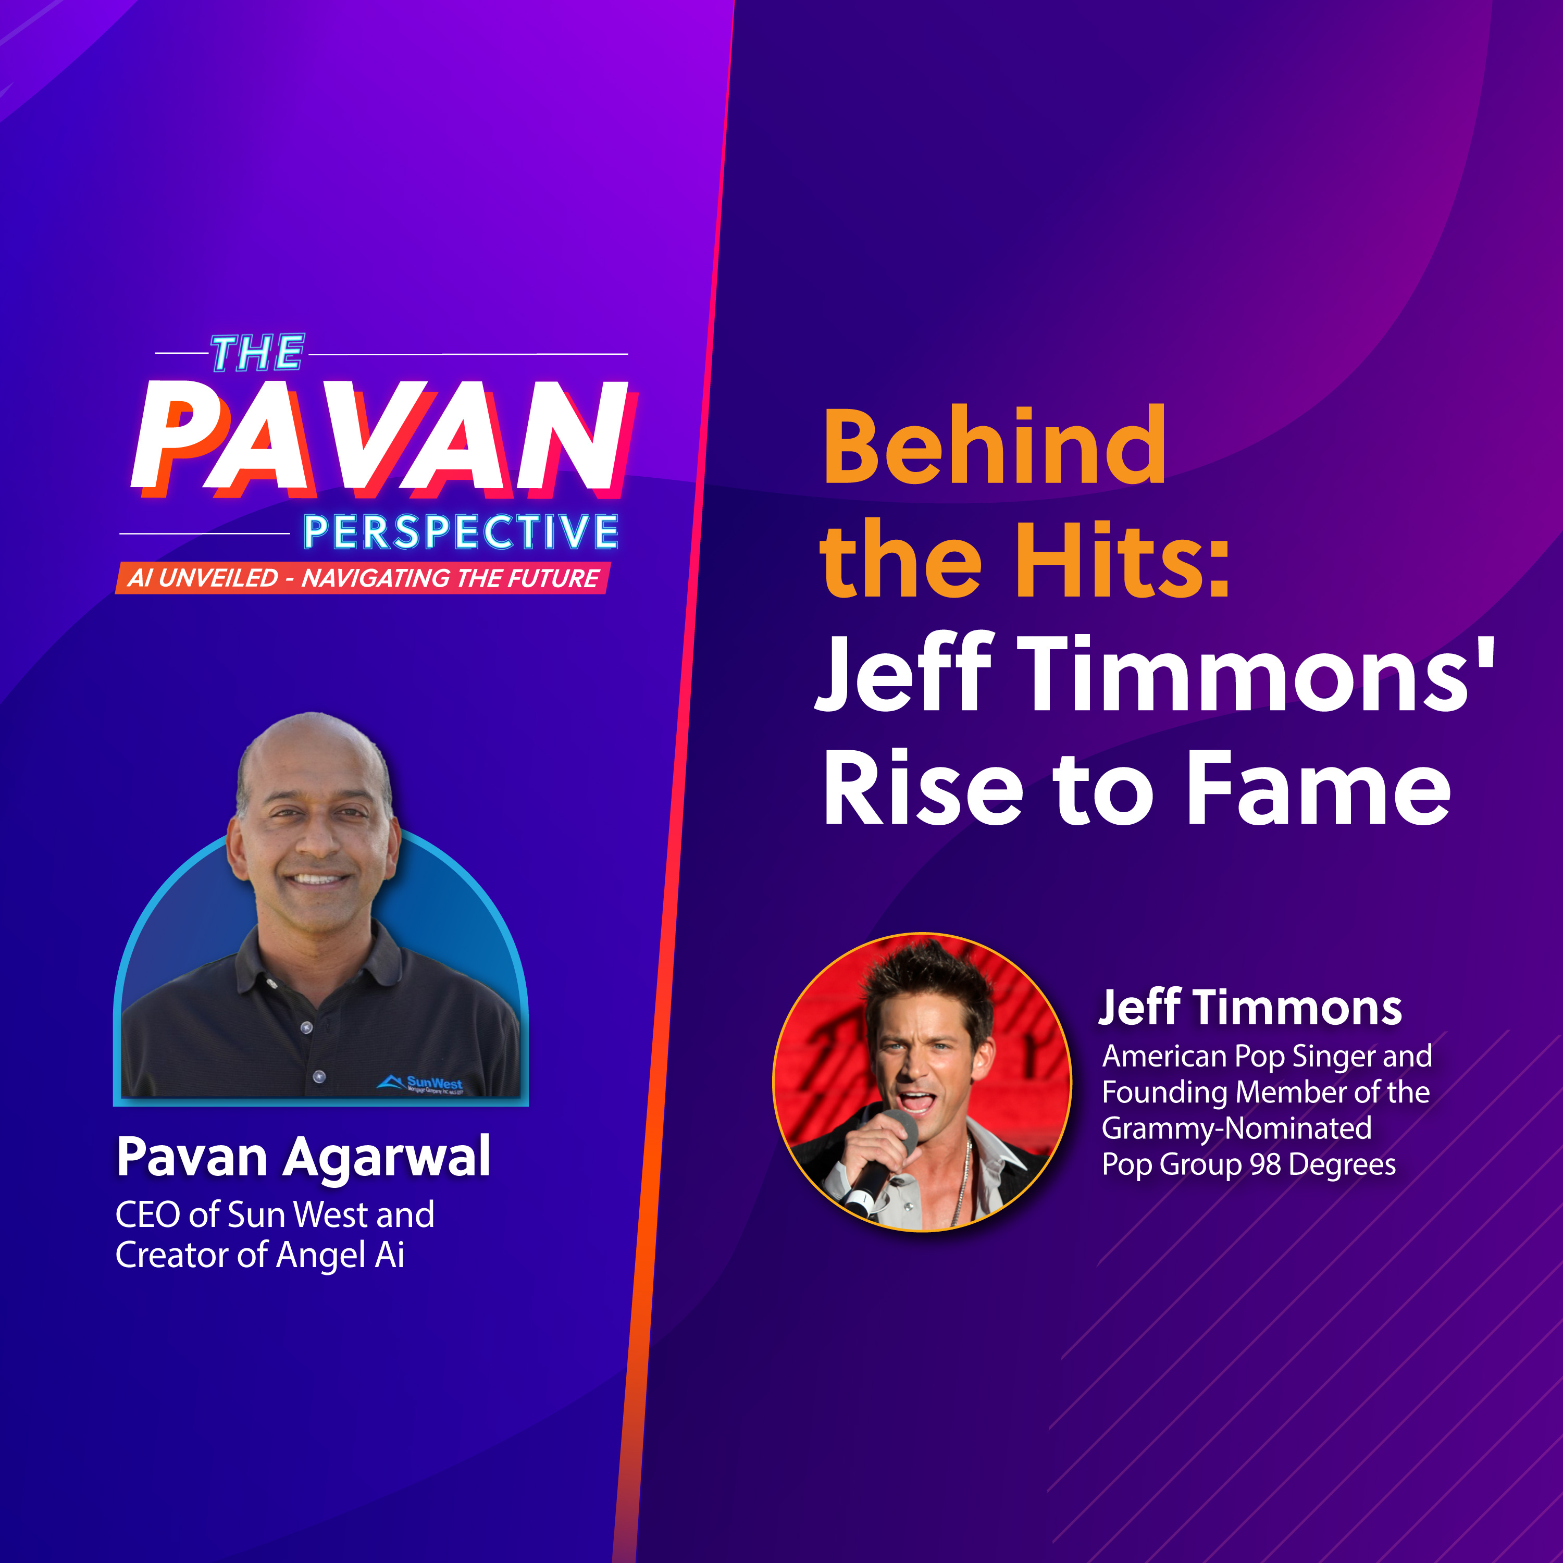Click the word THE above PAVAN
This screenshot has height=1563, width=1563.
click(257, 354)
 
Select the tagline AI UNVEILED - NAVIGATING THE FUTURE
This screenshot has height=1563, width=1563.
click(363, 578)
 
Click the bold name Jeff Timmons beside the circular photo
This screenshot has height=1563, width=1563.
click(1250, 1009)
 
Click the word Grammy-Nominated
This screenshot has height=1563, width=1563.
click(1237, 1128)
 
